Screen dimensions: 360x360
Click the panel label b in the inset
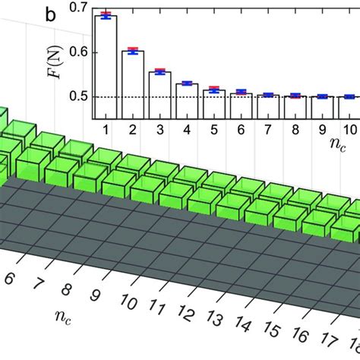click(71, 14)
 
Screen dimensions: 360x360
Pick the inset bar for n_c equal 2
click(133, 84)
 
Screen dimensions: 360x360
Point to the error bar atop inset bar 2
click(133, 50)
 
